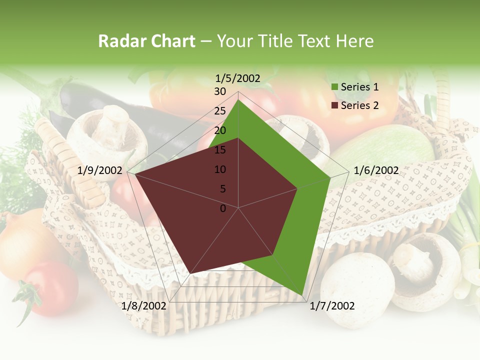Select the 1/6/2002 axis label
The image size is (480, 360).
376,170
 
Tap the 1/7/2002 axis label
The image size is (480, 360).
332,306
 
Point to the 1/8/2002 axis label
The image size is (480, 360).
144,306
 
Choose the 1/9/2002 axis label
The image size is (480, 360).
100,170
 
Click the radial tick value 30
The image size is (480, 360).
220,91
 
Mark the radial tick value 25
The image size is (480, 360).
220,111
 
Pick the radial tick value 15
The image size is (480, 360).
220,150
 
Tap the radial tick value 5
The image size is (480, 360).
222,189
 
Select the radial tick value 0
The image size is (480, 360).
223,208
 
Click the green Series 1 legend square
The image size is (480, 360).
334,87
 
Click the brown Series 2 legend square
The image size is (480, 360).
334,105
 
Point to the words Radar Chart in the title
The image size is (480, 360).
146,41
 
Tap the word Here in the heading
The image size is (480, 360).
354,41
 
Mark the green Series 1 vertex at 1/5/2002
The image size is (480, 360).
238,99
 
